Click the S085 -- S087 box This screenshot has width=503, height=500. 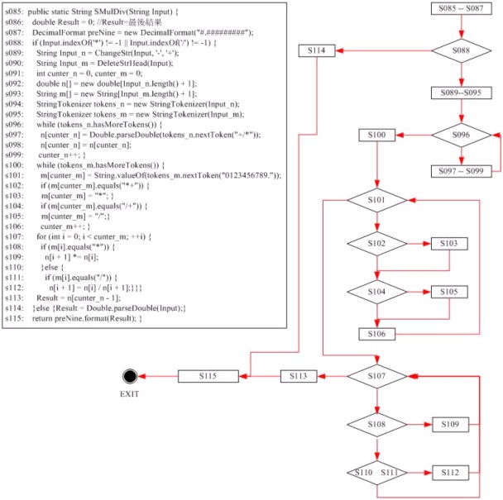tap(461, 9)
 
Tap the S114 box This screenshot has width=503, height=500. tap(320, 51)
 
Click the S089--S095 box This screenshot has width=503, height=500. tap(461, 93)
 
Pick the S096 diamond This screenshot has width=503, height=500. tap(461, 134)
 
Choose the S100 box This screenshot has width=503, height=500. tap(377, 134)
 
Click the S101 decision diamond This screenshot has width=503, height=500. tap(377, 199)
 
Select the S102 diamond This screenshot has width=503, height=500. tap(377, 244)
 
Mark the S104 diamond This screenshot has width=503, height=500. tap(377, 293)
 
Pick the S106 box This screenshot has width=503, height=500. tap(377, 333)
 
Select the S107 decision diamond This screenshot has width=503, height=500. tap(377, 377)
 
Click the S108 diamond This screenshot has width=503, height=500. tap(377, 424)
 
